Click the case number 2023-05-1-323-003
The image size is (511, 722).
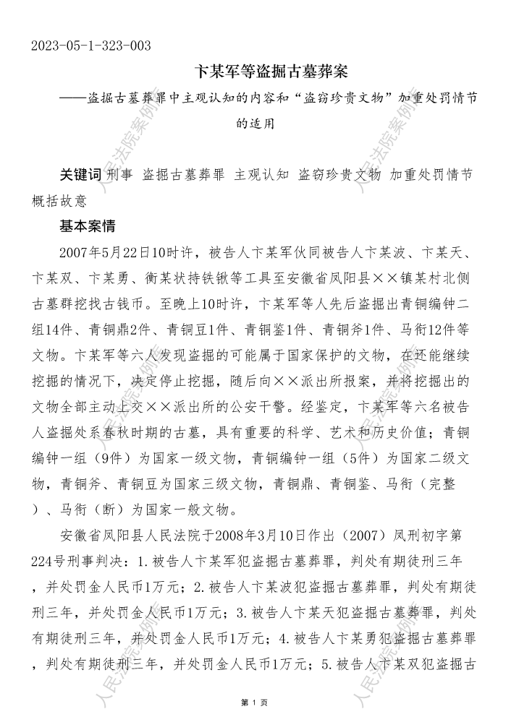click(x=91, y=47)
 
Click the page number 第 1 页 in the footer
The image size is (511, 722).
click(x=255, y=702)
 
